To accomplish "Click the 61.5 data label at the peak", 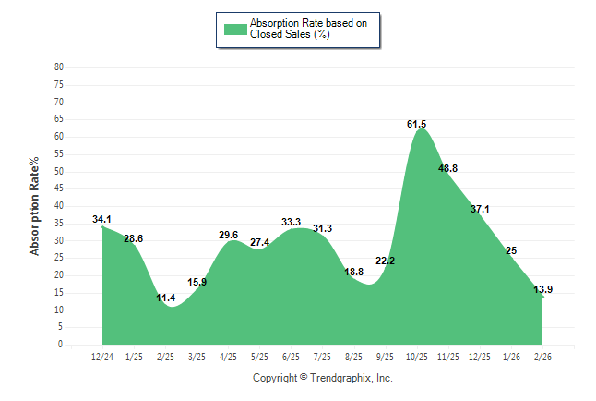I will [x=417, y=124].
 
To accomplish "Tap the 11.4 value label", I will [x=166, y=298].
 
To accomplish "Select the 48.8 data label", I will [x=448, y=168].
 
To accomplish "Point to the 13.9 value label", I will [x=543, y=289].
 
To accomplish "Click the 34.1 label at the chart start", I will [x=102, y=219].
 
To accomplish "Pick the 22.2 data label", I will [x=386, y=261].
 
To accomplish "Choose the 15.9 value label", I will [x=197, y=282].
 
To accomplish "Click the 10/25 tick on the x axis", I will [x=417, y=357].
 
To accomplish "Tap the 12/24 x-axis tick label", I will [x=102, y=357].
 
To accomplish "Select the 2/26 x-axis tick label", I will [x=543, y=357].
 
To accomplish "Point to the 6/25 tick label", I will [x=292, y=357].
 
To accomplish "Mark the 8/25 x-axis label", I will [x=354, y=357].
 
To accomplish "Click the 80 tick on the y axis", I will [x=59, y=67].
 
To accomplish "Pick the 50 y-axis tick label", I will [x=59, y=171].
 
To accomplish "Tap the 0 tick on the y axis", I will [x=61, y=345].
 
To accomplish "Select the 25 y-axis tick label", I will [x=59, y=258].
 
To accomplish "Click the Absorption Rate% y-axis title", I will [x=35, y=206].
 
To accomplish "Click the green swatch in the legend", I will [x=235, y=29].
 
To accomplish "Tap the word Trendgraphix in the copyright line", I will [x=343, y=378].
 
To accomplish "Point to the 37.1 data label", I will [x=480, y=210].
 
